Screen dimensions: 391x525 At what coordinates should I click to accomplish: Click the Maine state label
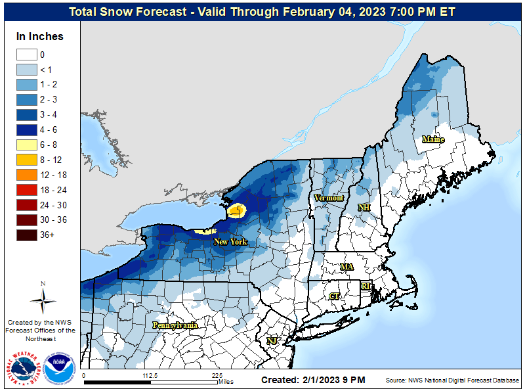coord(433,139)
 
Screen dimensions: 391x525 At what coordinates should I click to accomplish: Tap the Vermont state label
coord(329,198)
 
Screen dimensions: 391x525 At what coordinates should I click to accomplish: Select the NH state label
coord(364,208)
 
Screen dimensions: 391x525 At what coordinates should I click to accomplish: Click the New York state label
coord(230,242)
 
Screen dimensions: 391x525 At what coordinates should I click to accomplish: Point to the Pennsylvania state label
coord(175,325)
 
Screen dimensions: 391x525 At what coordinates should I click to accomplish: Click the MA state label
coord(346,267)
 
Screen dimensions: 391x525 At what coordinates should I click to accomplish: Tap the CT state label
coord(334,296)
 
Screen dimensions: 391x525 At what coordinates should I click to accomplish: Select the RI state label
coord(366,286)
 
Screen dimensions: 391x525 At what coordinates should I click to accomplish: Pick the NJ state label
coord(271,340)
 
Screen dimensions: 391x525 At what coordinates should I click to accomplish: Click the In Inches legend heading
coord(40,36)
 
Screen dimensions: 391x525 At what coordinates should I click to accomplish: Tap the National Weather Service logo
coord(26,367)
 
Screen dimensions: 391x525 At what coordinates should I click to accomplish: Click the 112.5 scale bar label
coord(150,376)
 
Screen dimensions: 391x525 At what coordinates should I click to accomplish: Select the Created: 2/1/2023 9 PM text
coord(313,380)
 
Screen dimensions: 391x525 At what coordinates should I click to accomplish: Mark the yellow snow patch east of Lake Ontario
coord(237,210)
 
